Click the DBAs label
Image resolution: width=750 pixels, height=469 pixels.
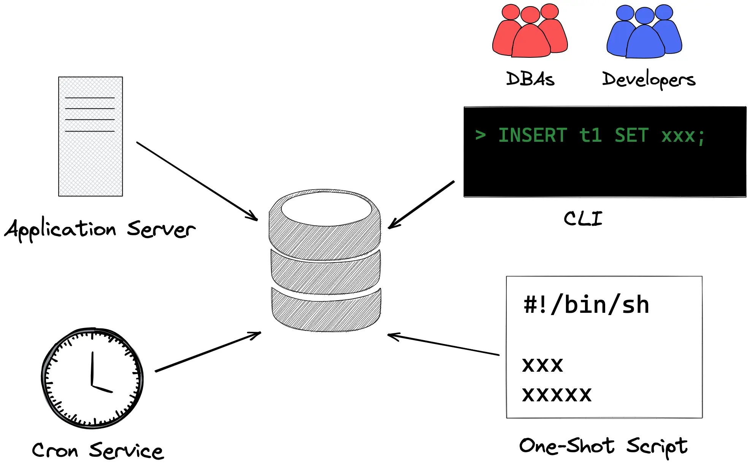pyautogui.click(x=530, y=79)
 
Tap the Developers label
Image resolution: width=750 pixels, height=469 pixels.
pyautogui.click(x=649, y=80)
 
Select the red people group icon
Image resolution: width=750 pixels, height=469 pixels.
pyautogui.click(x=530, y=32)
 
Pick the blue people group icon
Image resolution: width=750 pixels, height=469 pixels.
pyautogui.click(x=644, y=32)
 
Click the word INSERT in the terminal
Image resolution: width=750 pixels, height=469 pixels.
pyautogui.click(x=533, y=136)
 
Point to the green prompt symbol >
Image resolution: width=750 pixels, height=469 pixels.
pyautogui.click(x=480, y=135)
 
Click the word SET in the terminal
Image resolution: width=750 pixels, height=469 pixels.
pyautogui.click(x=631, y=136)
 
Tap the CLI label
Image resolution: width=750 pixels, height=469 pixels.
pyautogui.click(x=583, y=219)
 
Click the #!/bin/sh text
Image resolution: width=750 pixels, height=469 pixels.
pyautogui.click(x=586, y=305)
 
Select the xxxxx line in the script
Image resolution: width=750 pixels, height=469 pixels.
pyautogui.click(x=557, y=395)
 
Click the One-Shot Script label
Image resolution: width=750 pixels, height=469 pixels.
pyautogui.click(x=603, y=446)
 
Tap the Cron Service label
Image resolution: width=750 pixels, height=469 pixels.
pyautogui.click(x=98, y=451)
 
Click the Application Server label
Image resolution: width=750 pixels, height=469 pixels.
pyautogui.click(x=100, y=229)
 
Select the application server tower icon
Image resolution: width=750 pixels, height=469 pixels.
pyautogui.click(x=90, y=136)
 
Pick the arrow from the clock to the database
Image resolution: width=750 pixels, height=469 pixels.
pyautogui.click(x=208, y=352)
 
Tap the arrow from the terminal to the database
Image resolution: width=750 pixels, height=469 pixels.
pyautogui.click(x=421, y=205)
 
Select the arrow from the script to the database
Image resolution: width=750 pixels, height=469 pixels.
pyautogui.click(x=443, y=345)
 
